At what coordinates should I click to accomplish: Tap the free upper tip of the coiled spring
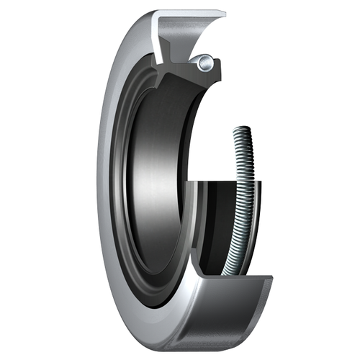(241, 130)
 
